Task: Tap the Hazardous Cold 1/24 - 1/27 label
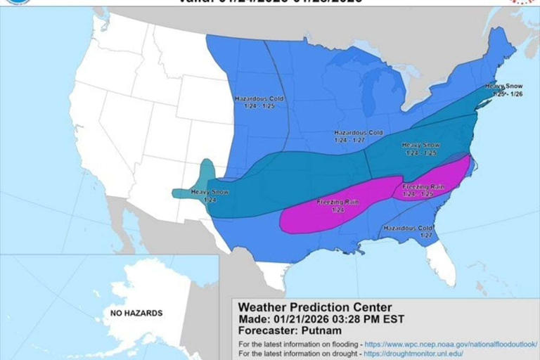(358, 136)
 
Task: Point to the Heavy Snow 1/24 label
(210, 196)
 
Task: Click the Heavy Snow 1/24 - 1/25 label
(420, 148)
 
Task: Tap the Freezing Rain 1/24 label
(337, 206)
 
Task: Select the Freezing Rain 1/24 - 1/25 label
(423, 190)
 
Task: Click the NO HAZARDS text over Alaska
(136, 313)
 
